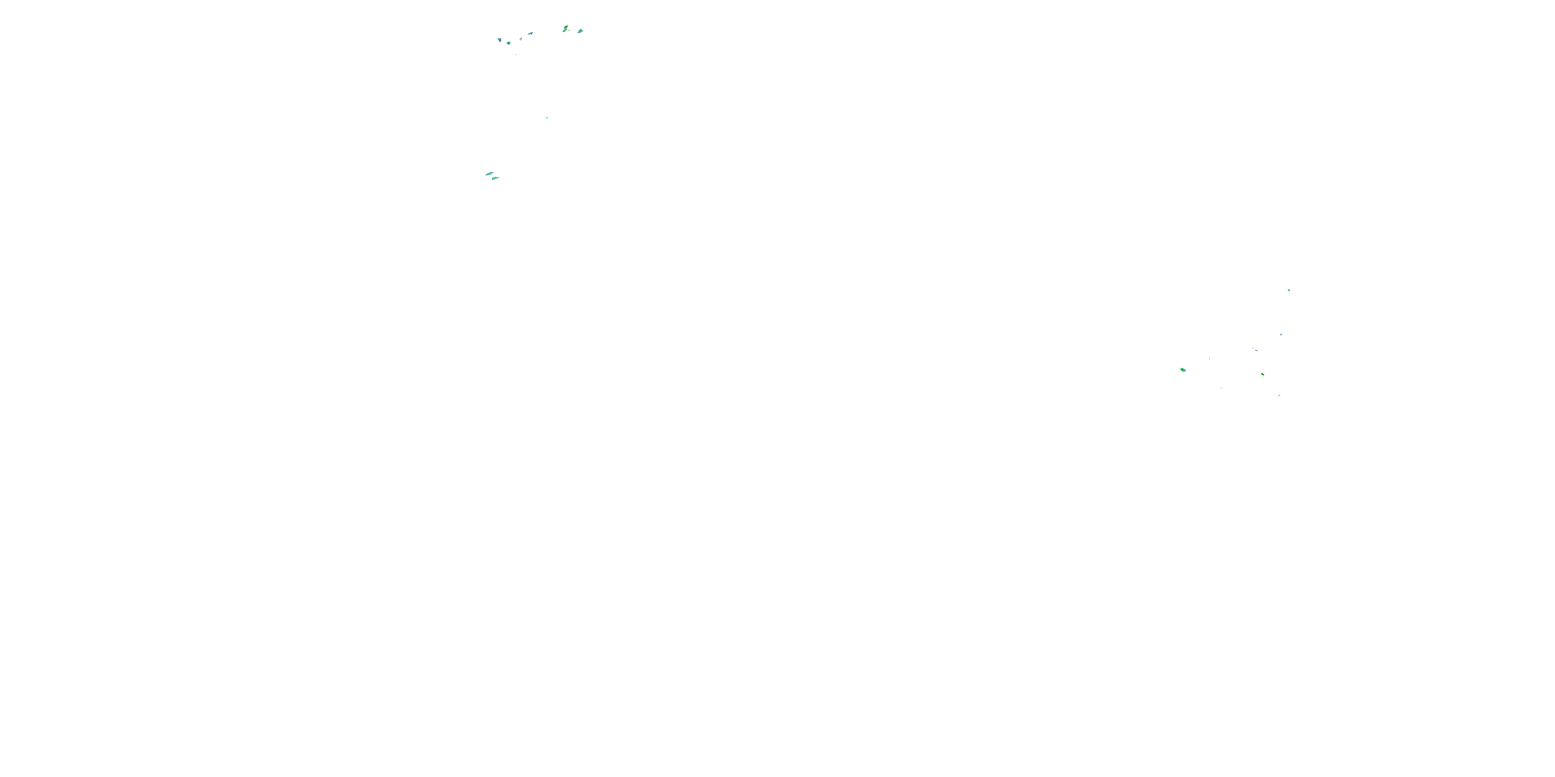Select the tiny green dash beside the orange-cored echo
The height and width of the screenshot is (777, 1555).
pyautogui.click(x=570, y=31)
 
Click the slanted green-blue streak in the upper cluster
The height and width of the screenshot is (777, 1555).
pyautogui.click(x=530, y=33)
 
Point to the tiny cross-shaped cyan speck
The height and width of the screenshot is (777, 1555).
pyautogui.click(x=520, y=39)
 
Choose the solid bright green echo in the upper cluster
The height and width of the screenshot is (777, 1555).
pyautogui.click(x=509, y=43)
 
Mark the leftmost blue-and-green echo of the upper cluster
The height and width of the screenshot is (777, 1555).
pyautogui.click(x=499, y=40)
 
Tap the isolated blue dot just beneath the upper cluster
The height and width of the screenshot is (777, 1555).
pyautogui.click(x=516, y=54)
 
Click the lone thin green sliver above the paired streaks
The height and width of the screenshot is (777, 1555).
pyautogui.click(x=547, y=118)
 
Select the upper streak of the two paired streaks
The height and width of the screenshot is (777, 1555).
pyautogui.click(x=489, y=174)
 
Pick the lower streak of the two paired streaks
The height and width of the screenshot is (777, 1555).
pyautogui.click(x=495, y=178)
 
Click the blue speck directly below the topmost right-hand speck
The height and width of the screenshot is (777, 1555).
pyautogui.click(x=1281, y=334)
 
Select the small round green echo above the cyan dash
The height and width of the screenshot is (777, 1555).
pyautogui.click(x=1262, y=375)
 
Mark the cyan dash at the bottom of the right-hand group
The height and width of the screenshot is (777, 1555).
pyautogui.click(x=1279, y=395)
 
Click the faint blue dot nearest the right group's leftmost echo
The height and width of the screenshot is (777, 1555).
pyautogui.click(x=1209, y=358)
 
